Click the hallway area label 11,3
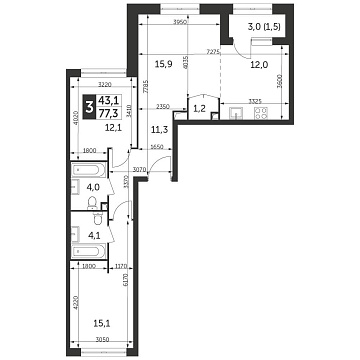(158, 128)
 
